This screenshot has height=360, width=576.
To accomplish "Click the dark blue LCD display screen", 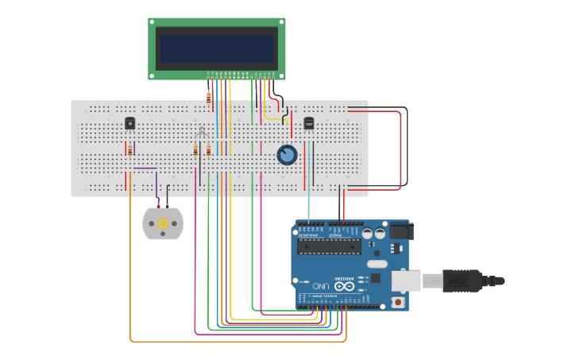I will (x=216, y=48).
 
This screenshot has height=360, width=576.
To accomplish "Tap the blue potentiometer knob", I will (x=287, y=154).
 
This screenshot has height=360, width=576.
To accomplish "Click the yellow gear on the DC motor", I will (x=163, y=224).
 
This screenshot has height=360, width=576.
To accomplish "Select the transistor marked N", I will (x=130, y=123).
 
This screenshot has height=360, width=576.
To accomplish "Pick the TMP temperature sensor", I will (x=308, y=123).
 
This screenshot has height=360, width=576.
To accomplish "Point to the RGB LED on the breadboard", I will (x=202, y=132).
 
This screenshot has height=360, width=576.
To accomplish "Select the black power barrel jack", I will (x=400, y=231).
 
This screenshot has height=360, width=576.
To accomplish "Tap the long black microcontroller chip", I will (x=329, y=246).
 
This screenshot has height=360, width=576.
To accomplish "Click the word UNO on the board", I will (x=321, y=285).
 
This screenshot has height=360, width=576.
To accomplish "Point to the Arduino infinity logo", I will (x=344, y=285).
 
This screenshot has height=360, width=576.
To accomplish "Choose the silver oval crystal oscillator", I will (x=377, y=264).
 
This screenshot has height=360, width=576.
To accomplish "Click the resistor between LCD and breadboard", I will (x=209, y=98).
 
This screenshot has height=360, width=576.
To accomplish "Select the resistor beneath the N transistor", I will (x=130, y=150).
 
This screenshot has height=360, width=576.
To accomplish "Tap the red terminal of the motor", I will (x=158, y=206).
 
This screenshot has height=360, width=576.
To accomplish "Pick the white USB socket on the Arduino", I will (x=406, y=281).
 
